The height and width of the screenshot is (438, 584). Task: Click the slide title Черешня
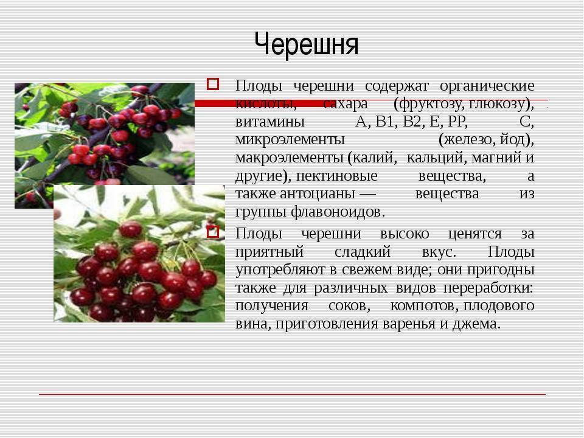[307, 44]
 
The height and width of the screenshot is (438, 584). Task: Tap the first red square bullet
[213, 84]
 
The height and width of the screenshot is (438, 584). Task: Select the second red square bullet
[213, 232]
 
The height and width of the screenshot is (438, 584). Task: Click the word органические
[487, 86]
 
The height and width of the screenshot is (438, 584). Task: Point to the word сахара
[346, 104]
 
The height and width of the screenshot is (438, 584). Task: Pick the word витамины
[270, 122]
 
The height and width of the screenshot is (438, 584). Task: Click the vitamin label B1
[384, 122]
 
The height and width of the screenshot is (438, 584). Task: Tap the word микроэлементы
[290, 140]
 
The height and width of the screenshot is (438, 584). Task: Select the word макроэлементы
[290, 158]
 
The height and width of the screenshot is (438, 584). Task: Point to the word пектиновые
[336, 175]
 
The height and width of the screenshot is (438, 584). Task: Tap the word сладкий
[363, 252]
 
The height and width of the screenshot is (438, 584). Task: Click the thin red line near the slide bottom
[293, 394]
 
